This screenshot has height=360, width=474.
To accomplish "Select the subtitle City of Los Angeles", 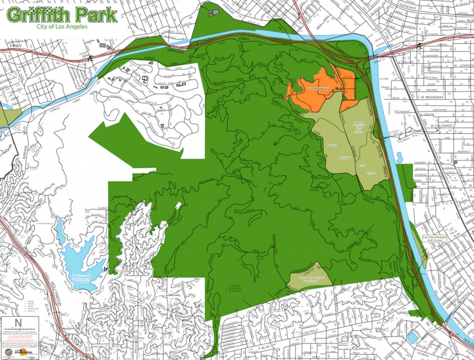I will (62, 26).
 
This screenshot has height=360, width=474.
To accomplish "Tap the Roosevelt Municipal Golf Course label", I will (308, 279).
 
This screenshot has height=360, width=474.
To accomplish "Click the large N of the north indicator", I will (18, 323).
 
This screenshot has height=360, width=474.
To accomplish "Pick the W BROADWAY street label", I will (431, 97).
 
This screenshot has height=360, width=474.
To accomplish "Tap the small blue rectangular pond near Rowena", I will (412, 337).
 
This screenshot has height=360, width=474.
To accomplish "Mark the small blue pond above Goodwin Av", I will (399, 157).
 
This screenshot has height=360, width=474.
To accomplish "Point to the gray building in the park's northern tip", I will (213, 12).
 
